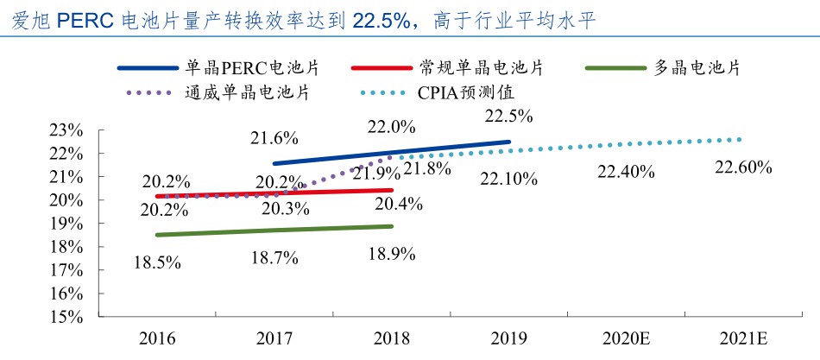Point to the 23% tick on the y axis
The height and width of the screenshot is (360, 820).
click(x=66, y=130)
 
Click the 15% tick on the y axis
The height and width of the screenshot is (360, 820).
click(x=66, y=317)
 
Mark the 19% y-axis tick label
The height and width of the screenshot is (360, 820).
click(x=66, y=224)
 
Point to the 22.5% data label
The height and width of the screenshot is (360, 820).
click(x=508, y=117)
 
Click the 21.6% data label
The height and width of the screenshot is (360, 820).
click(x=274, y=137)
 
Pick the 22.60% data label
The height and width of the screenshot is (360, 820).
click(x=742, y=167)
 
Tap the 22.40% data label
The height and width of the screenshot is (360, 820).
click(x=626, y=172)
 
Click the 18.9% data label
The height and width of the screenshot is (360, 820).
click(x=392, y=254)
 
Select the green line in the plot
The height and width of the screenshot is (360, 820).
click(x=274, y=231)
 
